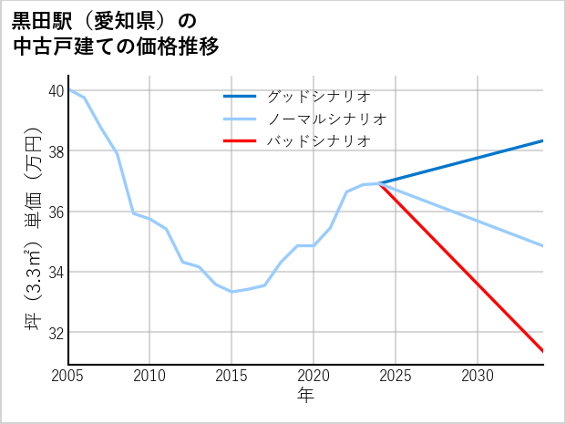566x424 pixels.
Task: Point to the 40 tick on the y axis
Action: coord(57,90)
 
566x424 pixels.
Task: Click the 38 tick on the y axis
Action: coord(57,150)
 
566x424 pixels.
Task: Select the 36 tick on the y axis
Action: coord(57,212)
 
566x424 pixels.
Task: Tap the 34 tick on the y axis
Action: coord(57,272)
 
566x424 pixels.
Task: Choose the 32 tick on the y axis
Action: coord(57,332)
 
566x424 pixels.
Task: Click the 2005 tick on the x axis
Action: coord(68,376)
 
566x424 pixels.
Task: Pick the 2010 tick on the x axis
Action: coord(150,376)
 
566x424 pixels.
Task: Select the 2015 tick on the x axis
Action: coord(232,376)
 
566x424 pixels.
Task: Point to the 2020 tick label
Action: coord(314,376)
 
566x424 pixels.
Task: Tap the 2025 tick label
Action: coord(396,376)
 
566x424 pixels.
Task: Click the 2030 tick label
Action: coord(478,376)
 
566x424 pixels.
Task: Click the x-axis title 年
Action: coord(305,396)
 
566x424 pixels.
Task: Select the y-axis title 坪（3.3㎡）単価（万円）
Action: coord(34,227)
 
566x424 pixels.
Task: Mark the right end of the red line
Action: coord(543,351)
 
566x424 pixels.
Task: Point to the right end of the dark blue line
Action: coord(543,140)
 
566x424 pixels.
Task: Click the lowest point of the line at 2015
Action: coord(232,292)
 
